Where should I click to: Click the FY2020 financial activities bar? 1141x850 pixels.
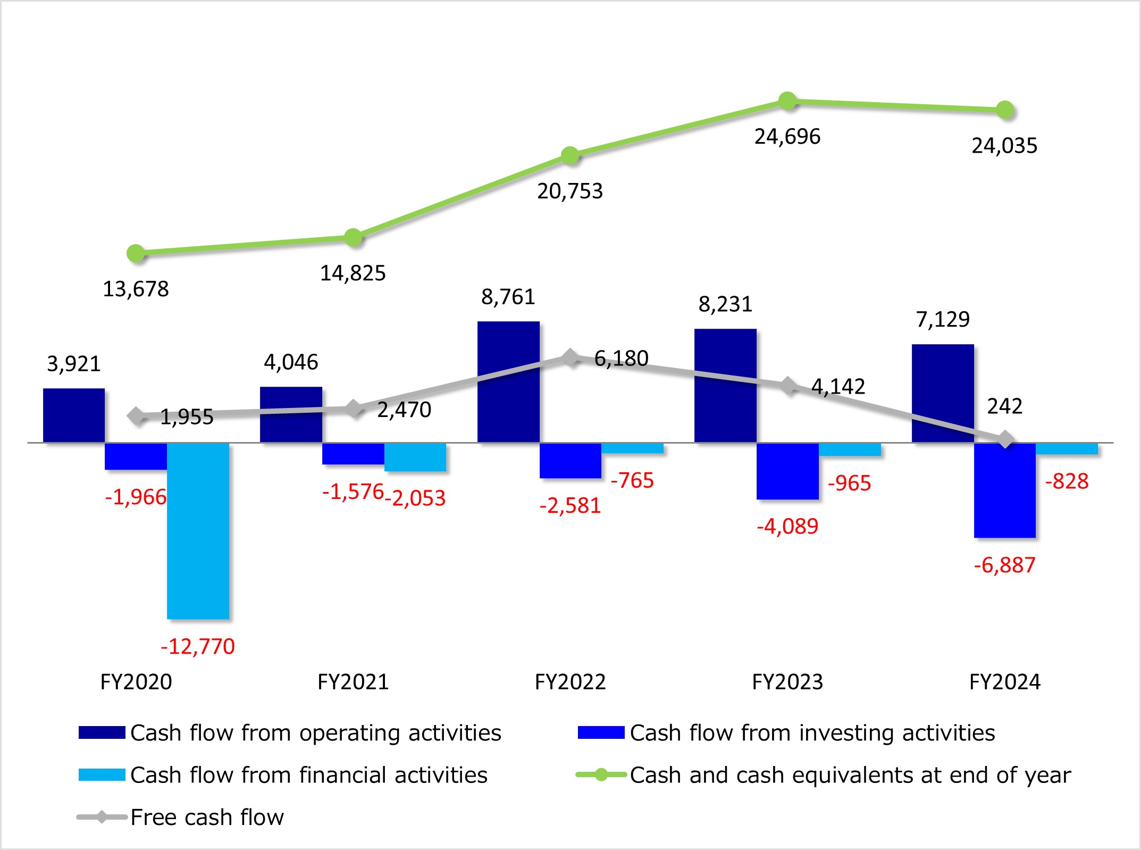198,530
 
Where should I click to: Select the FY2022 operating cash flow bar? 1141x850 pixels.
508,381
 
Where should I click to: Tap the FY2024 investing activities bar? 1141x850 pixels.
1004,490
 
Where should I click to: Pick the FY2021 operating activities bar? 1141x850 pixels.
291,414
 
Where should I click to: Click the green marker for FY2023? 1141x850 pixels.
787,100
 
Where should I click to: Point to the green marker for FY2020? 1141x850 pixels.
136,253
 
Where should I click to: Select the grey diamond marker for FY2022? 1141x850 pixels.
570,358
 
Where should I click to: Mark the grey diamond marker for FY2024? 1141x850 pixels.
1005,440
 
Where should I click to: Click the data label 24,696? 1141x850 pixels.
787,137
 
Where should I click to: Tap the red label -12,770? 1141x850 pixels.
198,646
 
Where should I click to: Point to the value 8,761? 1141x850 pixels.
508,297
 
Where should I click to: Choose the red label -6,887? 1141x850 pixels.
1004,565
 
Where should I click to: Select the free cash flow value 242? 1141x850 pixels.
1004,406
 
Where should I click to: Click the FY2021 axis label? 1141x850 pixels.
353,682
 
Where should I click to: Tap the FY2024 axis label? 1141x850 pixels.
1004,682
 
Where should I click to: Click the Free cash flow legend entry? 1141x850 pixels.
207,817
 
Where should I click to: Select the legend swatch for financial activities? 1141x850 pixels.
102,775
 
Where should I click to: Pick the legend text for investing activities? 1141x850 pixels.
812,733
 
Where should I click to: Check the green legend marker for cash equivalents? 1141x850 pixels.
601,775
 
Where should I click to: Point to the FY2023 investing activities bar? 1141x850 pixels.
787,471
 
